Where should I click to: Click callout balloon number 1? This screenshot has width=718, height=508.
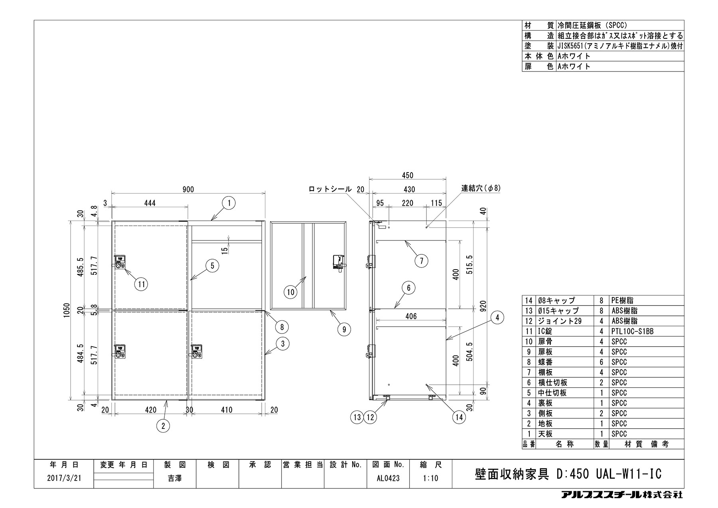(229, 204)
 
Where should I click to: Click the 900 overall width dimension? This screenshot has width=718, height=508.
(188, 189)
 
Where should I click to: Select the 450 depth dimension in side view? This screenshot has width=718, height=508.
(407, 175)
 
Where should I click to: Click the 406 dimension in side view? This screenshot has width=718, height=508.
(411, 316)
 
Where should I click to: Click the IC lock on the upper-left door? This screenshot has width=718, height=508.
(120, 263)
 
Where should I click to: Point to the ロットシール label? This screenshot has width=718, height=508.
(330, 189)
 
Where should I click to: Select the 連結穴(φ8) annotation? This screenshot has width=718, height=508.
(481, 188)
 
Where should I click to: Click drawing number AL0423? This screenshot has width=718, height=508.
(388, 478)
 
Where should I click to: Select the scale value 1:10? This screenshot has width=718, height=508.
(431, 478)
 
